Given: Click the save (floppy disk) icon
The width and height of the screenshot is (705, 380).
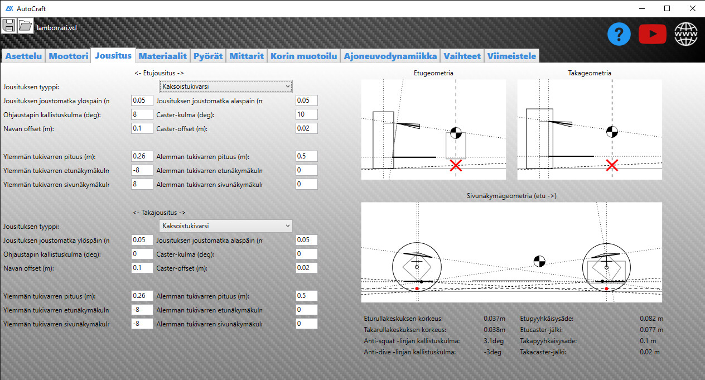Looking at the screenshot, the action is tap(8, 26).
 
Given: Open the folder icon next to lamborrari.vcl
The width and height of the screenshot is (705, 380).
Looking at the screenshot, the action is tap(25, 26).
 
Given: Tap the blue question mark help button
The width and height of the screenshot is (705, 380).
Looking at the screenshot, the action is tap(619, 34).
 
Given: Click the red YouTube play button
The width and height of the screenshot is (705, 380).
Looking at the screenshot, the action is tap(652, 34).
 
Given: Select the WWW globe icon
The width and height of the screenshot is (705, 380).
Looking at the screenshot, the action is tap(686, 34).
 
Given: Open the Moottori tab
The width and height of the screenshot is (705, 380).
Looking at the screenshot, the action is tap(68, 56).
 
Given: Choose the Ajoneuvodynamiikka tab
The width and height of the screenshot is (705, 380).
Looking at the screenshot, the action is tap(390, 56).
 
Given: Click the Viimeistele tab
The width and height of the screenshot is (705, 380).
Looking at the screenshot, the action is tap(511, 56).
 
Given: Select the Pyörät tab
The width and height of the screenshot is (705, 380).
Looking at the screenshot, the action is tap(207, 56).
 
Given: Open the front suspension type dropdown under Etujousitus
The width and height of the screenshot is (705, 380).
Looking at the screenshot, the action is tap(226, 86).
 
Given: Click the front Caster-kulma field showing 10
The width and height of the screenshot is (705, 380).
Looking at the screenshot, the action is tap(307, 114).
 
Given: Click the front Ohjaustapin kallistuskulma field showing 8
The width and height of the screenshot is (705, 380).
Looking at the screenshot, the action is tap(142, 114).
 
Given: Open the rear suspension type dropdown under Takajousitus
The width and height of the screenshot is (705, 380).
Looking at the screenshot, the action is tap(226, 226).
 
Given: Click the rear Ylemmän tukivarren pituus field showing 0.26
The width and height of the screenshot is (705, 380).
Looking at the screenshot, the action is tap(142, 296).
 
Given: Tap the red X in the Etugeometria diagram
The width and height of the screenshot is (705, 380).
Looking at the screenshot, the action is tap(456, 165).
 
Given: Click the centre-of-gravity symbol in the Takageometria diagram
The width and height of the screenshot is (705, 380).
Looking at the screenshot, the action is tap(612, 132).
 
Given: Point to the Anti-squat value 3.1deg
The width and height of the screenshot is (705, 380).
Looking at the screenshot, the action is tap(494, 341).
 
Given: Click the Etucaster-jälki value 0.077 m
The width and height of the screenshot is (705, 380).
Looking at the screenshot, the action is tap(651, 330).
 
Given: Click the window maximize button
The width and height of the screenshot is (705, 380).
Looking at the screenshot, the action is tap(667, 8).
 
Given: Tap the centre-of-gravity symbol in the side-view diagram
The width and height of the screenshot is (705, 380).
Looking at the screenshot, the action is tap(539, 261).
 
